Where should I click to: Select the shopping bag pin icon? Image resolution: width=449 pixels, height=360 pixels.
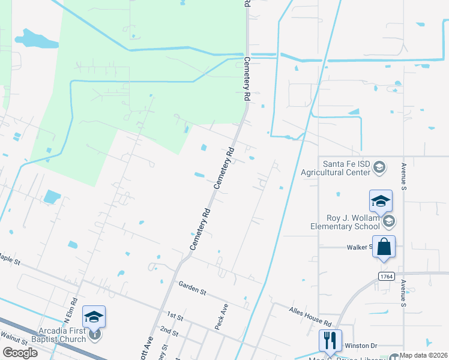point(384,247)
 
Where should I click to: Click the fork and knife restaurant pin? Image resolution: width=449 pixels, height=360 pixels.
point(330,341)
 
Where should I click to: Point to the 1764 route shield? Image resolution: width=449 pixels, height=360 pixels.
point(386,275)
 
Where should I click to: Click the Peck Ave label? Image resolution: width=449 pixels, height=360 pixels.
point(221,316)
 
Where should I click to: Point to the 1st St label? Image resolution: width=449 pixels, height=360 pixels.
point(175,315)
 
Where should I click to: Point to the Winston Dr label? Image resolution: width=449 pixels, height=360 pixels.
point(361,346)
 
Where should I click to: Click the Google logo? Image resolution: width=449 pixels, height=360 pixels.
point(20,353)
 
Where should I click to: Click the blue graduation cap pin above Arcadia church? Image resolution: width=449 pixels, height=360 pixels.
point(94,316)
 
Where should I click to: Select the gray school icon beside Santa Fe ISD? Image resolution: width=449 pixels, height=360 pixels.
point(379,166)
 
